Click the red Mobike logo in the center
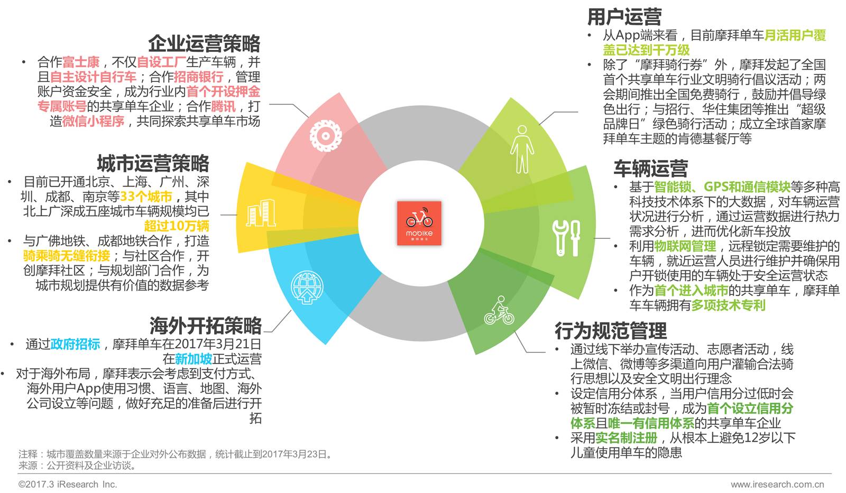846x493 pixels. click(419, 223)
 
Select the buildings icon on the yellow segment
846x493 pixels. click(261, 213)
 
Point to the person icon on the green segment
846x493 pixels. click(522, 150)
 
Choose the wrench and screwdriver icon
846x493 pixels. click(566, 237)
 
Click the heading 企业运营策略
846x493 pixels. click(204, 43)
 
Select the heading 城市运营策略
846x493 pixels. click(153, 163)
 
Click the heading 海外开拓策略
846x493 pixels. click(205, 325)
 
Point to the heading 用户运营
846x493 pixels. click(624, 17)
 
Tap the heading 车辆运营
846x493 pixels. click(650, 168)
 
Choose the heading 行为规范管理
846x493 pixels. click(610, 331)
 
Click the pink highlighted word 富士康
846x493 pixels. click(81, 62)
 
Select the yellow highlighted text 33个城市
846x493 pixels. click(146, 197)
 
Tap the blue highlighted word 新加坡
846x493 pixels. click(194, 359)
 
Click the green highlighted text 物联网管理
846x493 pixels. click(685, 246)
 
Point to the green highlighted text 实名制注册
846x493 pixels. click(626, 438)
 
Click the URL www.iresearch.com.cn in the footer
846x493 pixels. click(777, 484)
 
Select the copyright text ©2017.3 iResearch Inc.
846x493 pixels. click(68, 484)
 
